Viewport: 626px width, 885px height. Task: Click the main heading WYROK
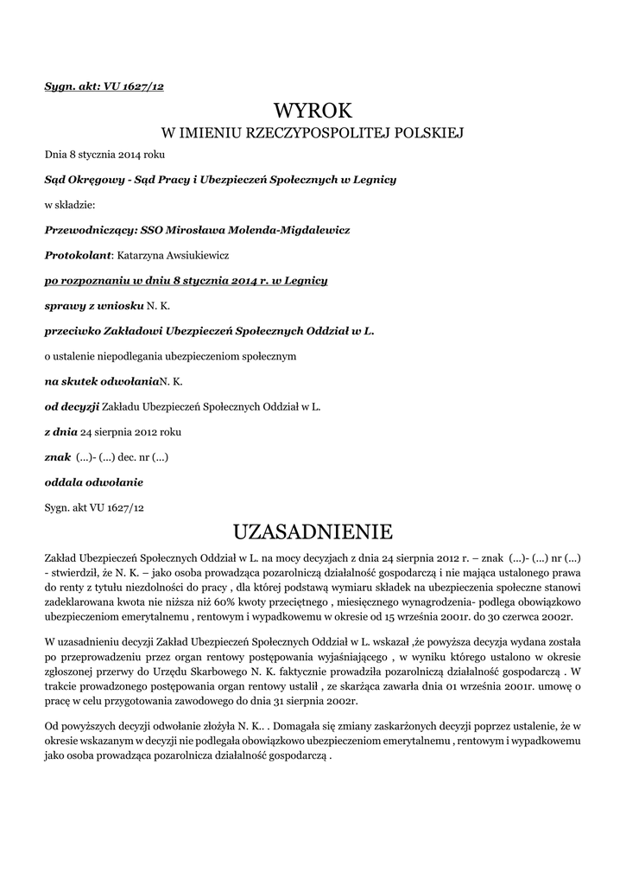coord(313,111)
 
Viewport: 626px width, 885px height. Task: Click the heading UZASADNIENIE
coord(313,528)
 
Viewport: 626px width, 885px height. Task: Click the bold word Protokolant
coord(78,255)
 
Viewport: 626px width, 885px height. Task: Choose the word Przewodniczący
coord(90,230)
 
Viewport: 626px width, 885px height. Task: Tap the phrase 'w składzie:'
coord(69,205)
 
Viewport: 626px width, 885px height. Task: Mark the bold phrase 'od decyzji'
coord(72,405)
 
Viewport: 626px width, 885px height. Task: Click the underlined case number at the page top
coord(104,87)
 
